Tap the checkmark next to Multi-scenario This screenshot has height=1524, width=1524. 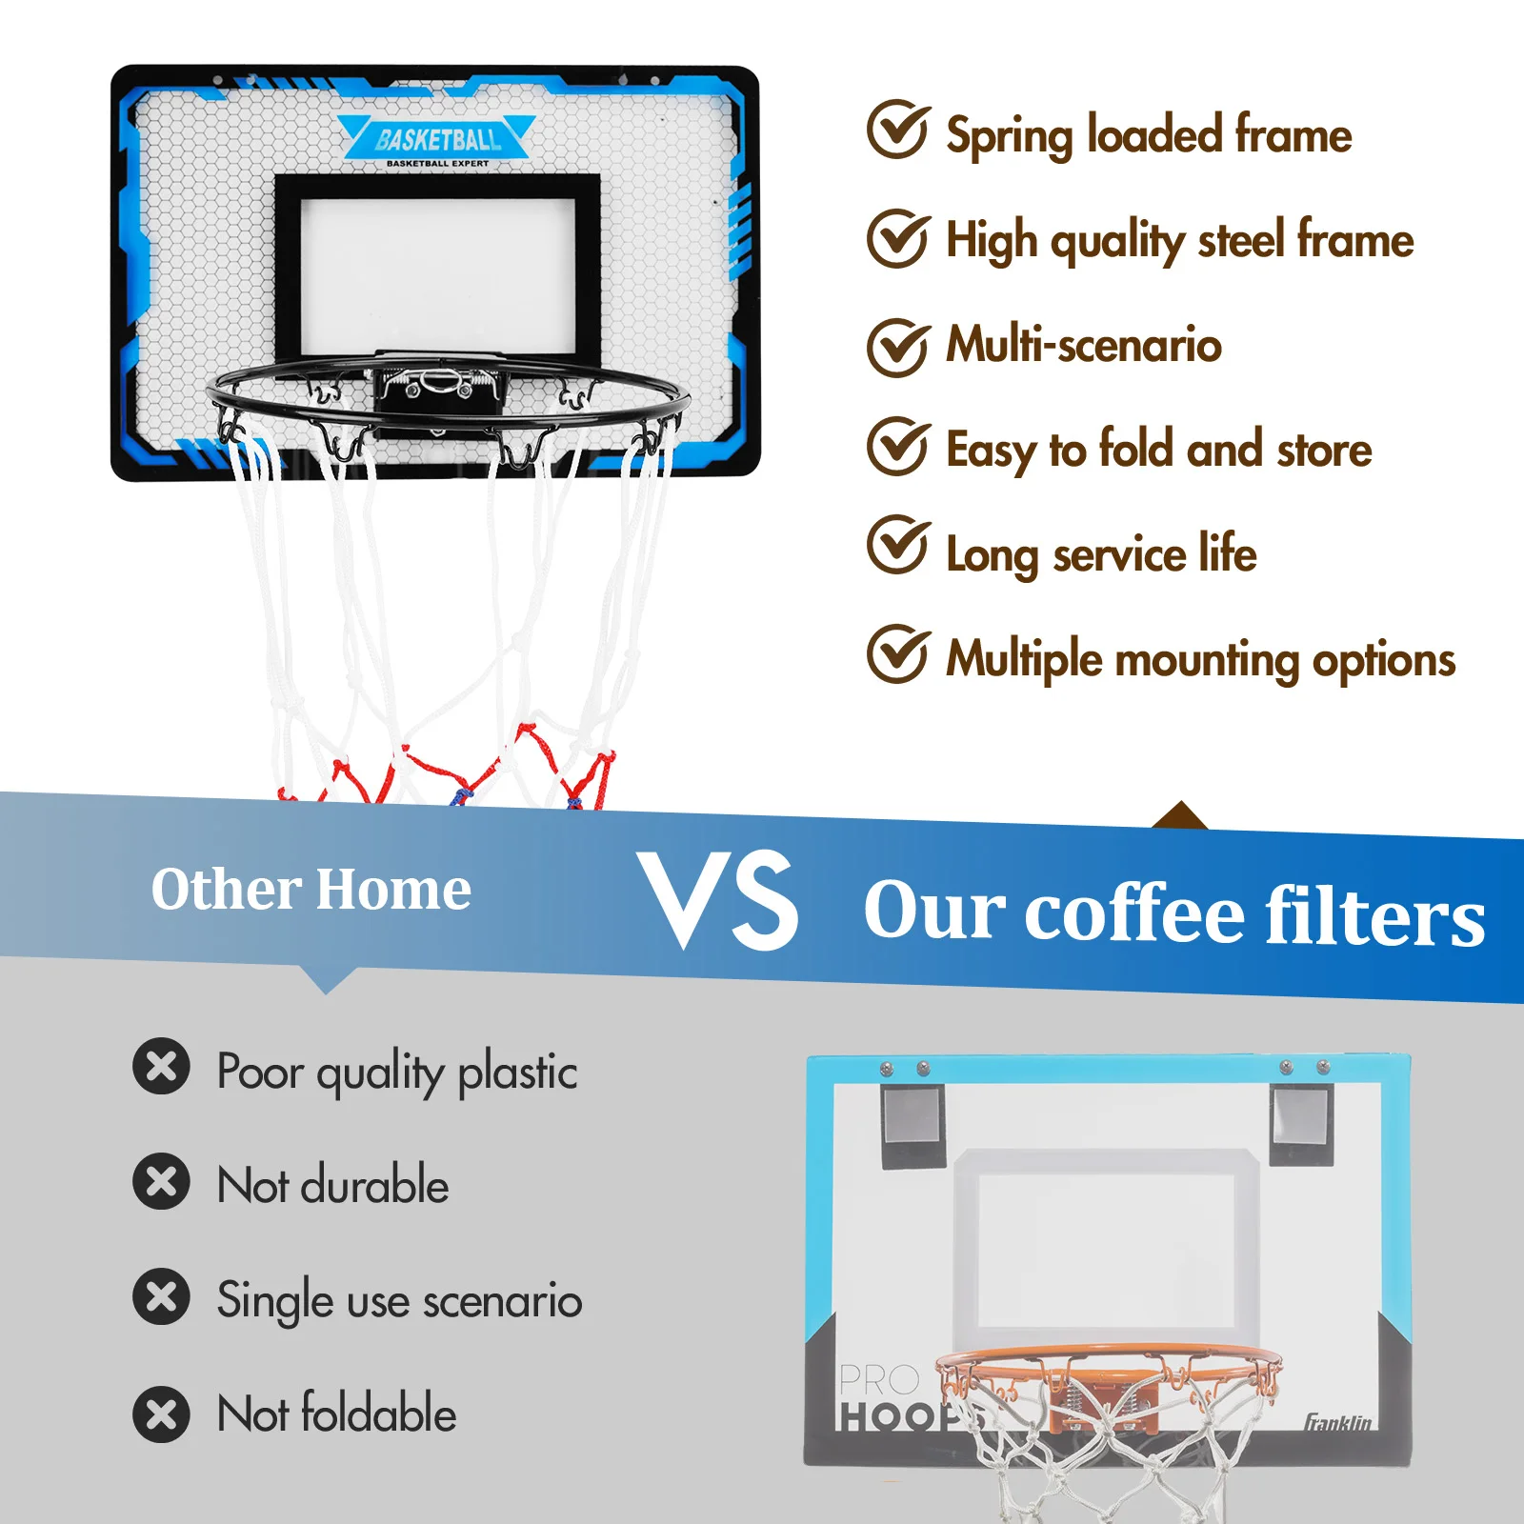[897, 347]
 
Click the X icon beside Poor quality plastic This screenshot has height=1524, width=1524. [161, 1066]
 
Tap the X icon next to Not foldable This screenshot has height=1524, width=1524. [161, 1414]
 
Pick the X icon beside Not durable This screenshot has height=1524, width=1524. [161, 1181]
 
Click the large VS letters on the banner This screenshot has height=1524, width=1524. [718, 900]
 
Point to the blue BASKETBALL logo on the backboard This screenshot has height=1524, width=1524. [437, 139]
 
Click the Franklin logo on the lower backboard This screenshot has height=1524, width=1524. [1337, 1422]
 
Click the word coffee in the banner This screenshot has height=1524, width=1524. [1134, 912]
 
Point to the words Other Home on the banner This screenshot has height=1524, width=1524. [311, 889]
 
